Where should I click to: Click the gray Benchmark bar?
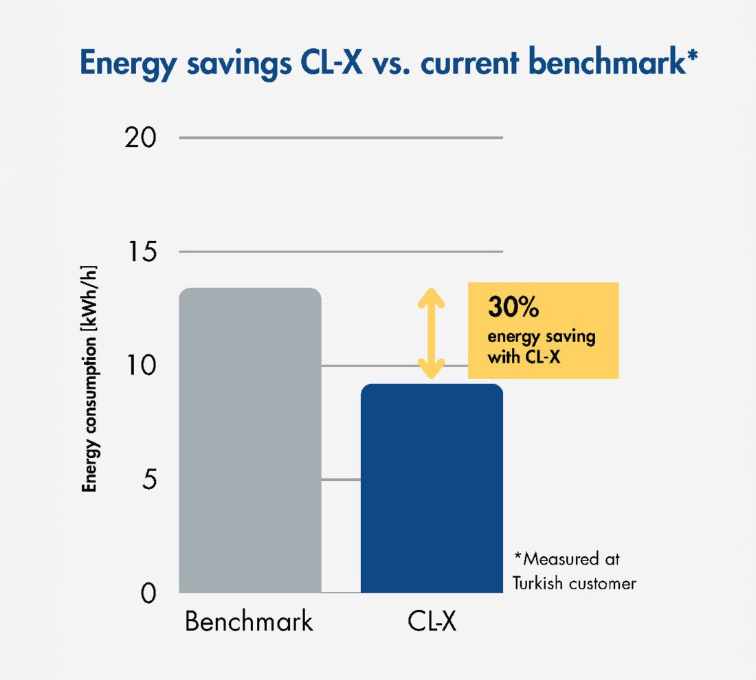(x=250, y=440)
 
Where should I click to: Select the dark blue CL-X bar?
(x=432, y=488)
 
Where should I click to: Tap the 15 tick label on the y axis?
(x=142, y=252)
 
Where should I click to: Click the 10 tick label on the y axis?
(x=142, y=365)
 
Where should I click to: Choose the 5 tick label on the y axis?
(x=150, y=479)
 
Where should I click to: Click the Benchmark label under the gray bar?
(x=249, y=622)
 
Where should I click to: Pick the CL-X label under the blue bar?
(x=432, y=622)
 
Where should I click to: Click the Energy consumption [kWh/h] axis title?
(x=89, y=378)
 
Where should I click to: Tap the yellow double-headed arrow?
(x=432, y=333)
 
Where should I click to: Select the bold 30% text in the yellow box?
(x=513, y=308)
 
